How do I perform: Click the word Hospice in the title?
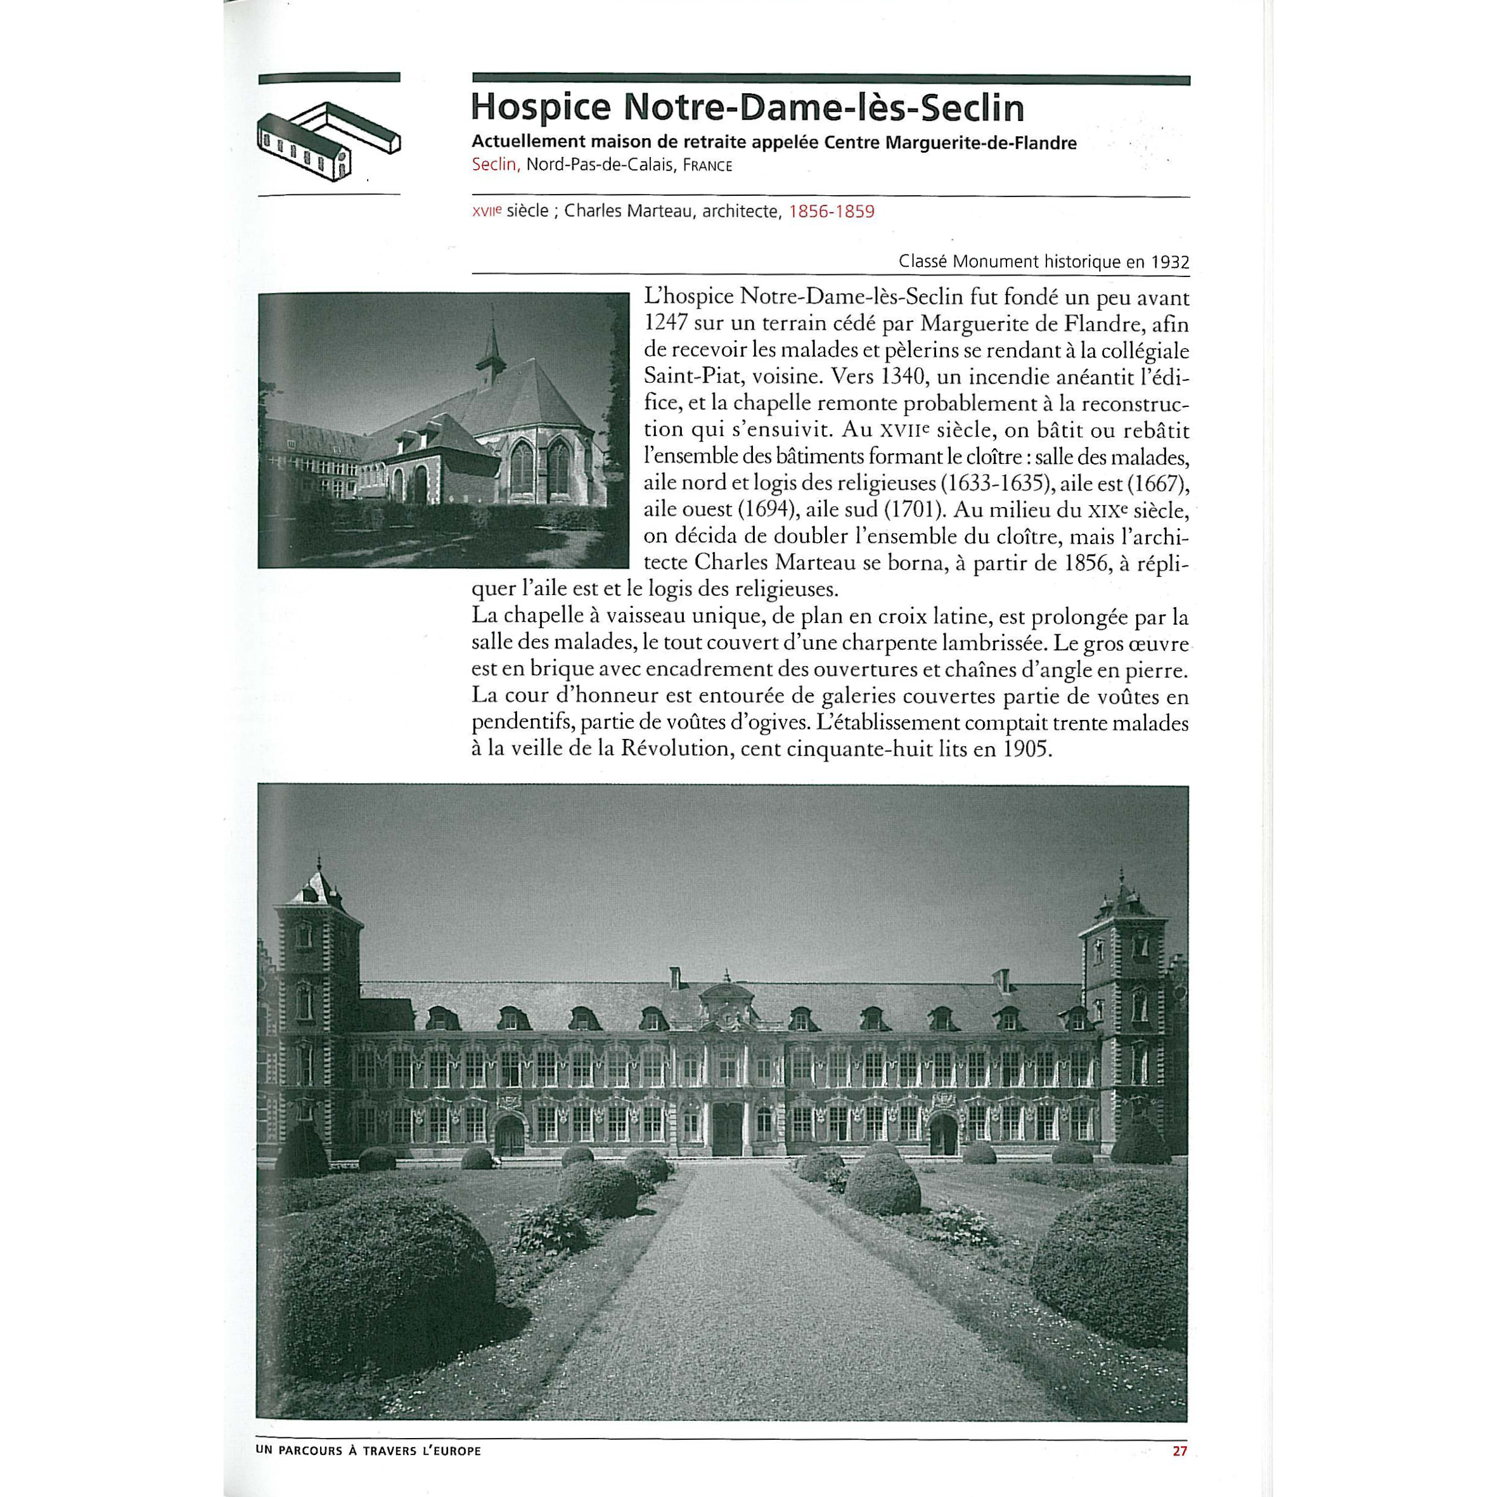tap(541, 108)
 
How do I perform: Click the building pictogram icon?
tap(328, 142)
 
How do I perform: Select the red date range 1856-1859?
tap(832, 212)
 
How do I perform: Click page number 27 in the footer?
tap(1179, 1451)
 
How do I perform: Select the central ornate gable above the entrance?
tap(726, 1003)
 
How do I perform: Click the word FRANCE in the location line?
tap(707, 166)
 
